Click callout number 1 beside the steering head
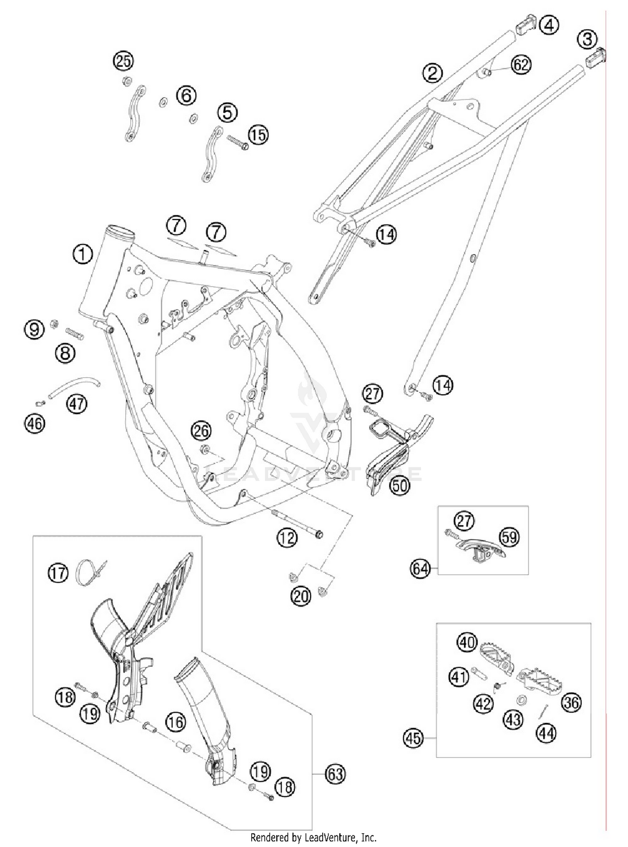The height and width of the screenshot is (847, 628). tap(82, 254)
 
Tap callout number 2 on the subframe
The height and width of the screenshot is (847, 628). tap(432, 72)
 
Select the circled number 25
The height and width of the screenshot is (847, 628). tap(123, 61)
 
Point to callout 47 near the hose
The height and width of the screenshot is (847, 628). tap(77, 404)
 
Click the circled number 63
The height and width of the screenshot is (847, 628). tap(335, 774)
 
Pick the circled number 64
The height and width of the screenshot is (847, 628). tap(420, 569)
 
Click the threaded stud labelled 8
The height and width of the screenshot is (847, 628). tap(75, 335)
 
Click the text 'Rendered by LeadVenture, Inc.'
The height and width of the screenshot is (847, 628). tap(313, 837)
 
